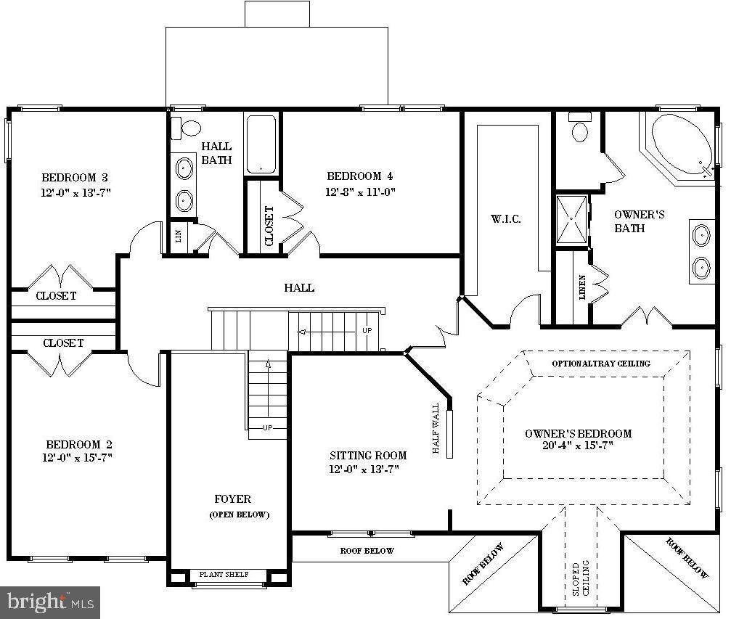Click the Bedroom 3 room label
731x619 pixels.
(x=75, y=177)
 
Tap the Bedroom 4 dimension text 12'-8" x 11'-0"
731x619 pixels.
(x=360, y=192)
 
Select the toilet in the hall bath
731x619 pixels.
(x=187, y=128)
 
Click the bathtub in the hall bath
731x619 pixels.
(x=261, y=144)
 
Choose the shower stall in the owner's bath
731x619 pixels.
(x=572, y=220)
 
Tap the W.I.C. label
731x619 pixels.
(x=505, y=219)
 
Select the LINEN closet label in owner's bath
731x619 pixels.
(x=582, y=287)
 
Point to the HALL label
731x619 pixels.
(x=299, y=288)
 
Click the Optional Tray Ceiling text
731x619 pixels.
(x=601, y=364)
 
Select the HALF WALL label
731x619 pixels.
(x=436, y=429)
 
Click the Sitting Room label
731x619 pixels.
(x=368, y=456)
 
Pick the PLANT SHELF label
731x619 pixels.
(x=224, y=575)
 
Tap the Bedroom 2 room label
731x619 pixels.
(x=79, y=444)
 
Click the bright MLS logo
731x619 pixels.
(x=51, y=602)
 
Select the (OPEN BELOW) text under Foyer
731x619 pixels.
(x=240, y=515)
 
